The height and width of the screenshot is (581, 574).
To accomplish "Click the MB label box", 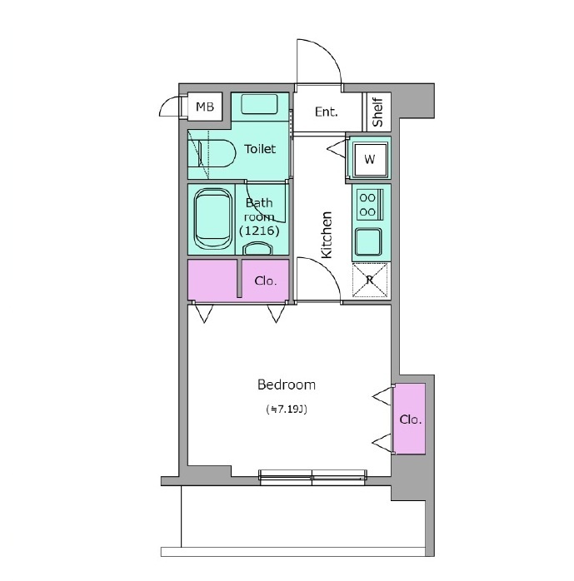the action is (x=205, y=107).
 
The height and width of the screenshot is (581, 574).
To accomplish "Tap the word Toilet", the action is (x=260, y=149).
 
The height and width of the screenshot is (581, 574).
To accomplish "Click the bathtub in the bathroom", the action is (x=212, y=219).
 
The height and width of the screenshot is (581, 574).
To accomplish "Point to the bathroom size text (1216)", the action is (x=259, y=231).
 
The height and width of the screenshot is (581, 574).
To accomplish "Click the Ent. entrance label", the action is (x=327, y=112).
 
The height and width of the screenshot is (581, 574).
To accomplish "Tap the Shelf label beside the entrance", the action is (x=378, y=112).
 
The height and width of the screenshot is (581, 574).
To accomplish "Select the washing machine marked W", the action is (x=370, y=159).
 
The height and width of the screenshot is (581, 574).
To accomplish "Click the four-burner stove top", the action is (x=370, y=205).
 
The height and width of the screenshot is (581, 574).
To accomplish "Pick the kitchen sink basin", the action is (x=368, y=241).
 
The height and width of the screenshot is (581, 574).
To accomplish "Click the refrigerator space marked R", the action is (x=370, y=280).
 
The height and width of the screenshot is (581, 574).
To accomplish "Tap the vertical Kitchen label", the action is (x=327, y=235).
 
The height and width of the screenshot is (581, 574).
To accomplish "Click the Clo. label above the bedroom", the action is (x=266, y=281).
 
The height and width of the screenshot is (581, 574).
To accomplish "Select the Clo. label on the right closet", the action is (x=411, y=420).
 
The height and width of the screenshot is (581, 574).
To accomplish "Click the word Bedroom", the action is (x=287, y=385).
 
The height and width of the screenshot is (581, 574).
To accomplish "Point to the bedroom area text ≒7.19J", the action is (x=287, y=410).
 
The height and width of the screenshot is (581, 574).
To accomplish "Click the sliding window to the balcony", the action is (x=312, y=477).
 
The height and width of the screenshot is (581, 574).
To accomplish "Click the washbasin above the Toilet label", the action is (x=259, y=104).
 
